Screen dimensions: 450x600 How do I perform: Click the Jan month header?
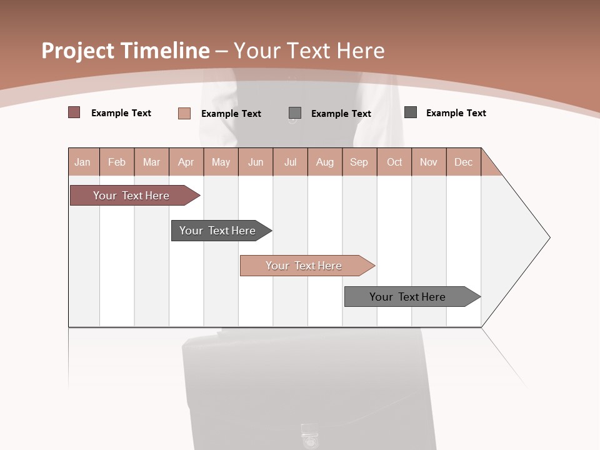click(82, 162)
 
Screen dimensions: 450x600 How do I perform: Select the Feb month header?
click(117, 162)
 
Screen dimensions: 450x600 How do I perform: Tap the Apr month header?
click(186, 162)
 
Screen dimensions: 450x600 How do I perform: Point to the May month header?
click(221, 162)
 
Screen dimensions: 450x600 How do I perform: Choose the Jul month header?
click(290, 162)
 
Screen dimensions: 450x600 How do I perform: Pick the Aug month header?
click(325, 162)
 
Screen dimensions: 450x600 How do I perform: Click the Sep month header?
click(359, 162)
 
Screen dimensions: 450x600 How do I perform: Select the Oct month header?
click(394, 162)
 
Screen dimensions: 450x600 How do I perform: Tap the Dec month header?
click(463, 162)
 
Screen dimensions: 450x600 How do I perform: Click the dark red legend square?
click(74, 112)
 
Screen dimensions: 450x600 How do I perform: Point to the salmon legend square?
click(184, 113)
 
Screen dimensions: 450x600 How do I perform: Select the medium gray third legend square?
click(295, 112)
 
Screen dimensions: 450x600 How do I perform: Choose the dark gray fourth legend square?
click(411, 112)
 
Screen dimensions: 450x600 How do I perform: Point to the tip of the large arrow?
click(548, 237)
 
